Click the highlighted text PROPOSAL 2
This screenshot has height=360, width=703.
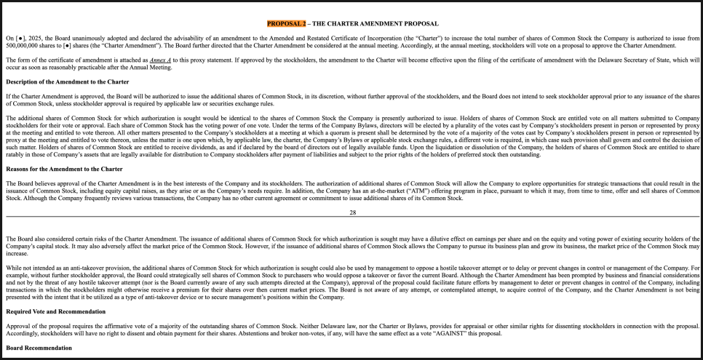287,24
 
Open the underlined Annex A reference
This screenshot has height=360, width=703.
161,60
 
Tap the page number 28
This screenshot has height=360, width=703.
352,212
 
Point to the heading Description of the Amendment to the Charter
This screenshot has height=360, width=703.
67,81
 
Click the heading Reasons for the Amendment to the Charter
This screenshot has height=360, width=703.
64,169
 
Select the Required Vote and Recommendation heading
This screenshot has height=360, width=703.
55,311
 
